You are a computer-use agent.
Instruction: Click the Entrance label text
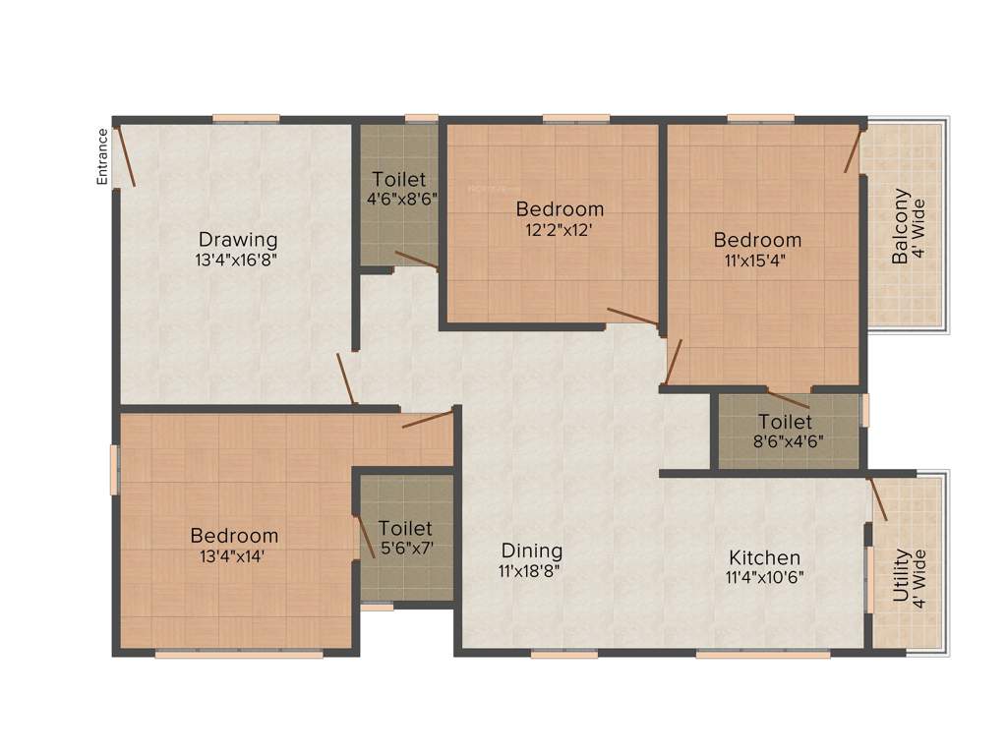[102, 156]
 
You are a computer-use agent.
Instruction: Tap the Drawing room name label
[238, 239]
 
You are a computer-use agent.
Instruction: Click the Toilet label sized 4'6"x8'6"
[399, 179]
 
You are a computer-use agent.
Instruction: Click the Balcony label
[900, 226]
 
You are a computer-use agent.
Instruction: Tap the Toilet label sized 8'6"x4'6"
[785, 421]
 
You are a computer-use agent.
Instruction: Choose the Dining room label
[532, 551]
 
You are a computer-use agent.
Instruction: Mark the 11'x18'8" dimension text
[531, 570]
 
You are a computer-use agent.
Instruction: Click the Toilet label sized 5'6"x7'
[405, 528]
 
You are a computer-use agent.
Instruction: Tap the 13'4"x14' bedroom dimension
[234, 555]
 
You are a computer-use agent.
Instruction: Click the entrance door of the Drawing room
[126, 157]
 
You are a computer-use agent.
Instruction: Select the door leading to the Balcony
[852, 149]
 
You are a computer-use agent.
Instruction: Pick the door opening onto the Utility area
[878, 498]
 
